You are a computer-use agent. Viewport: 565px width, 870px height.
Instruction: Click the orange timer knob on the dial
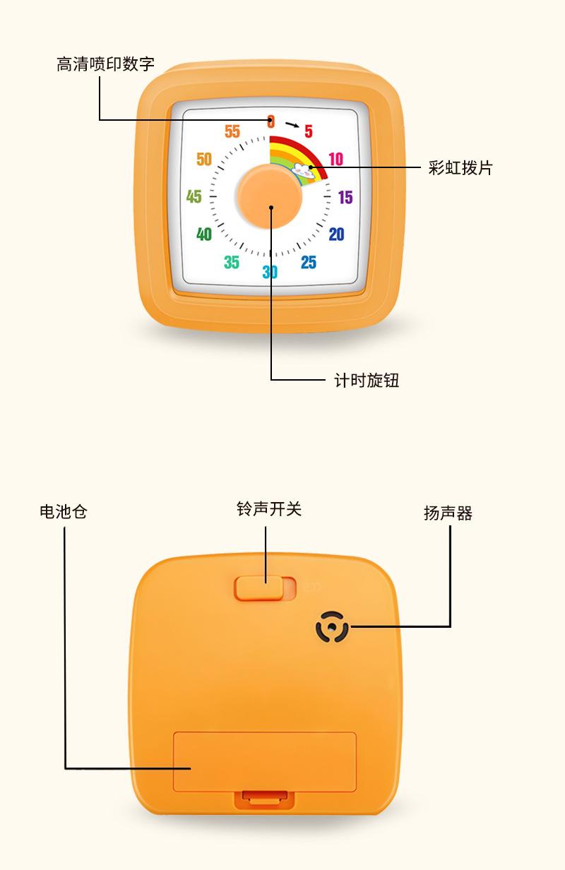click(x=270, y=197)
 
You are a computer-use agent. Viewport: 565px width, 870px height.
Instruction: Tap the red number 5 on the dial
click(x=309, y=131)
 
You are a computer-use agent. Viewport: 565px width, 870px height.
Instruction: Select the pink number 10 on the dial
click(x=335, y=159)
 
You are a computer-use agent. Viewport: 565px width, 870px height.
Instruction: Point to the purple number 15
click(x=345, y=197)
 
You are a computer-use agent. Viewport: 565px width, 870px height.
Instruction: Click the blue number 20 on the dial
click(x=336, y=234)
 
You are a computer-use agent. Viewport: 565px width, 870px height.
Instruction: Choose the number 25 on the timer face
click(x=309, y=263)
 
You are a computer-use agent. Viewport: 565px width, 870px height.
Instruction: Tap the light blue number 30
click(x=270, y=272)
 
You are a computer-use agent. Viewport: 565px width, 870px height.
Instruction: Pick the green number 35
click(x=232, y=263)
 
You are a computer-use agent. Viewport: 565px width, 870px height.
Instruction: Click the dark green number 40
click(x=204, y=234)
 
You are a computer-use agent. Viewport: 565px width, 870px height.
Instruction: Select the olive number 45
click(x=194, y=196)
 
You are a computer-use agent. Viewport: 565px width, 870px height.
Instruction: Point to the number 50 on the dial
click(x=204, y=159)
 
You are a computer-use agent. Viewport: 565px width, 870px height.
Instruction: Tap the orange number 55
click(x=232, y=131)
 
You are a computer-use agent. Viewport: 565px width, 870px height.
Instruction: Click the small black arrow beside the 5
click(x=292, y=126)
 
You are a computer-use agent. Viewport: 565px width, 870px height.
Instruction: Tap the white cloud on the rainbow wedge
click(x=304, y=169)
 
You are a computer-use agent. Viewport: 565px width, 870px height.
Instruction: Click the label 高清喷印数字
click(x=105, y=65)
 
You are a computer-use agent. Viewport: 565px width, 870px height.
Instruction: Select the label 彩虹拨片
click(x=460, y=168)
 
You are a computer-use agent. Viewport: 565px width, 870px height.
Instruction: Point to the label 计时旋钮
click(x=367, y=381)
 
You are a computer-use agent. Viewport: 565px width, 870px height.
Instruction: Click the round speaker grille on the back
click(x=332, y=626)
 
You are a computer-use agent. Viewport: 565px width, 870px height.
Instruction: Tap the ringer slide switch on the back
click(x=259, y=587)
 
